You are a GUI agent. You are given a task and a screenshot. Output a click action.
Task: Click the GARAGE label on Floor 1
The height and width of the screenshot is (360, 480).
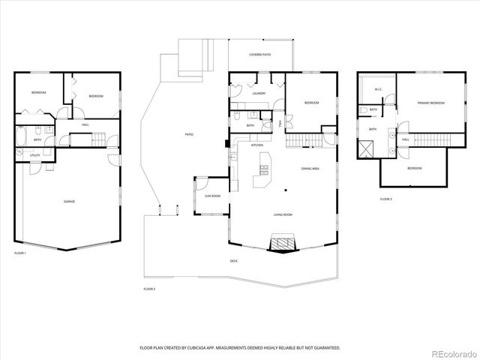click(69, 201)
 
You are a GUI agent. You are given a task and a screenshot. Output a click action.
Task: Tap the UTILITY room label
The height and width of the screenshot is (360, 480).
click(34, 155)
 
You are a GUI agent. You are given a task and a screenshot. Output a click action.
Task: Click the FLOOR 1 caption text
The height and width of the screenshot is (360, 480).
click(20, 253)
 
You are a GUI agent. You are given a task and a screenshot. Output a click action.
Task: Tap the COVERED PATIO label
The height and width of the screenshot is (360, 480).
click(260, 55)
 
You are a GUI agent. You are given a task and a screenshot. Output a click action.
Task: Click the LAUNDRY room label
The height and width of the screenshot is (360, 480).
click(259, 94)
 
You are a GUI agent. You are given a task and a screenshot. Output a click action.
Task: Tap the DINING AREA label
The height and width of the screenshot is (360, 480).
click(310, 169)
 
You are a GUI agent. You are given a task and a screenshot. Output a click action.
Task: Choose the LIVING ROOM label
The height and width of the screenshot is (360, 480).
click(282, 214)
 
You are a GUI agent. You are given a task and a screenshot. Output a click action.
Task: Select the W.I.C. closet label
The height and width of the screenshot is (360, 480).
click(378, 91)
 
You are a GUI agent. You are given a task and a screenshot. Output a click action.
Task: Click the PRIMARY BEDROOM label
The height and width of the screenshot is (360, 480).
click(431, 103)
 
